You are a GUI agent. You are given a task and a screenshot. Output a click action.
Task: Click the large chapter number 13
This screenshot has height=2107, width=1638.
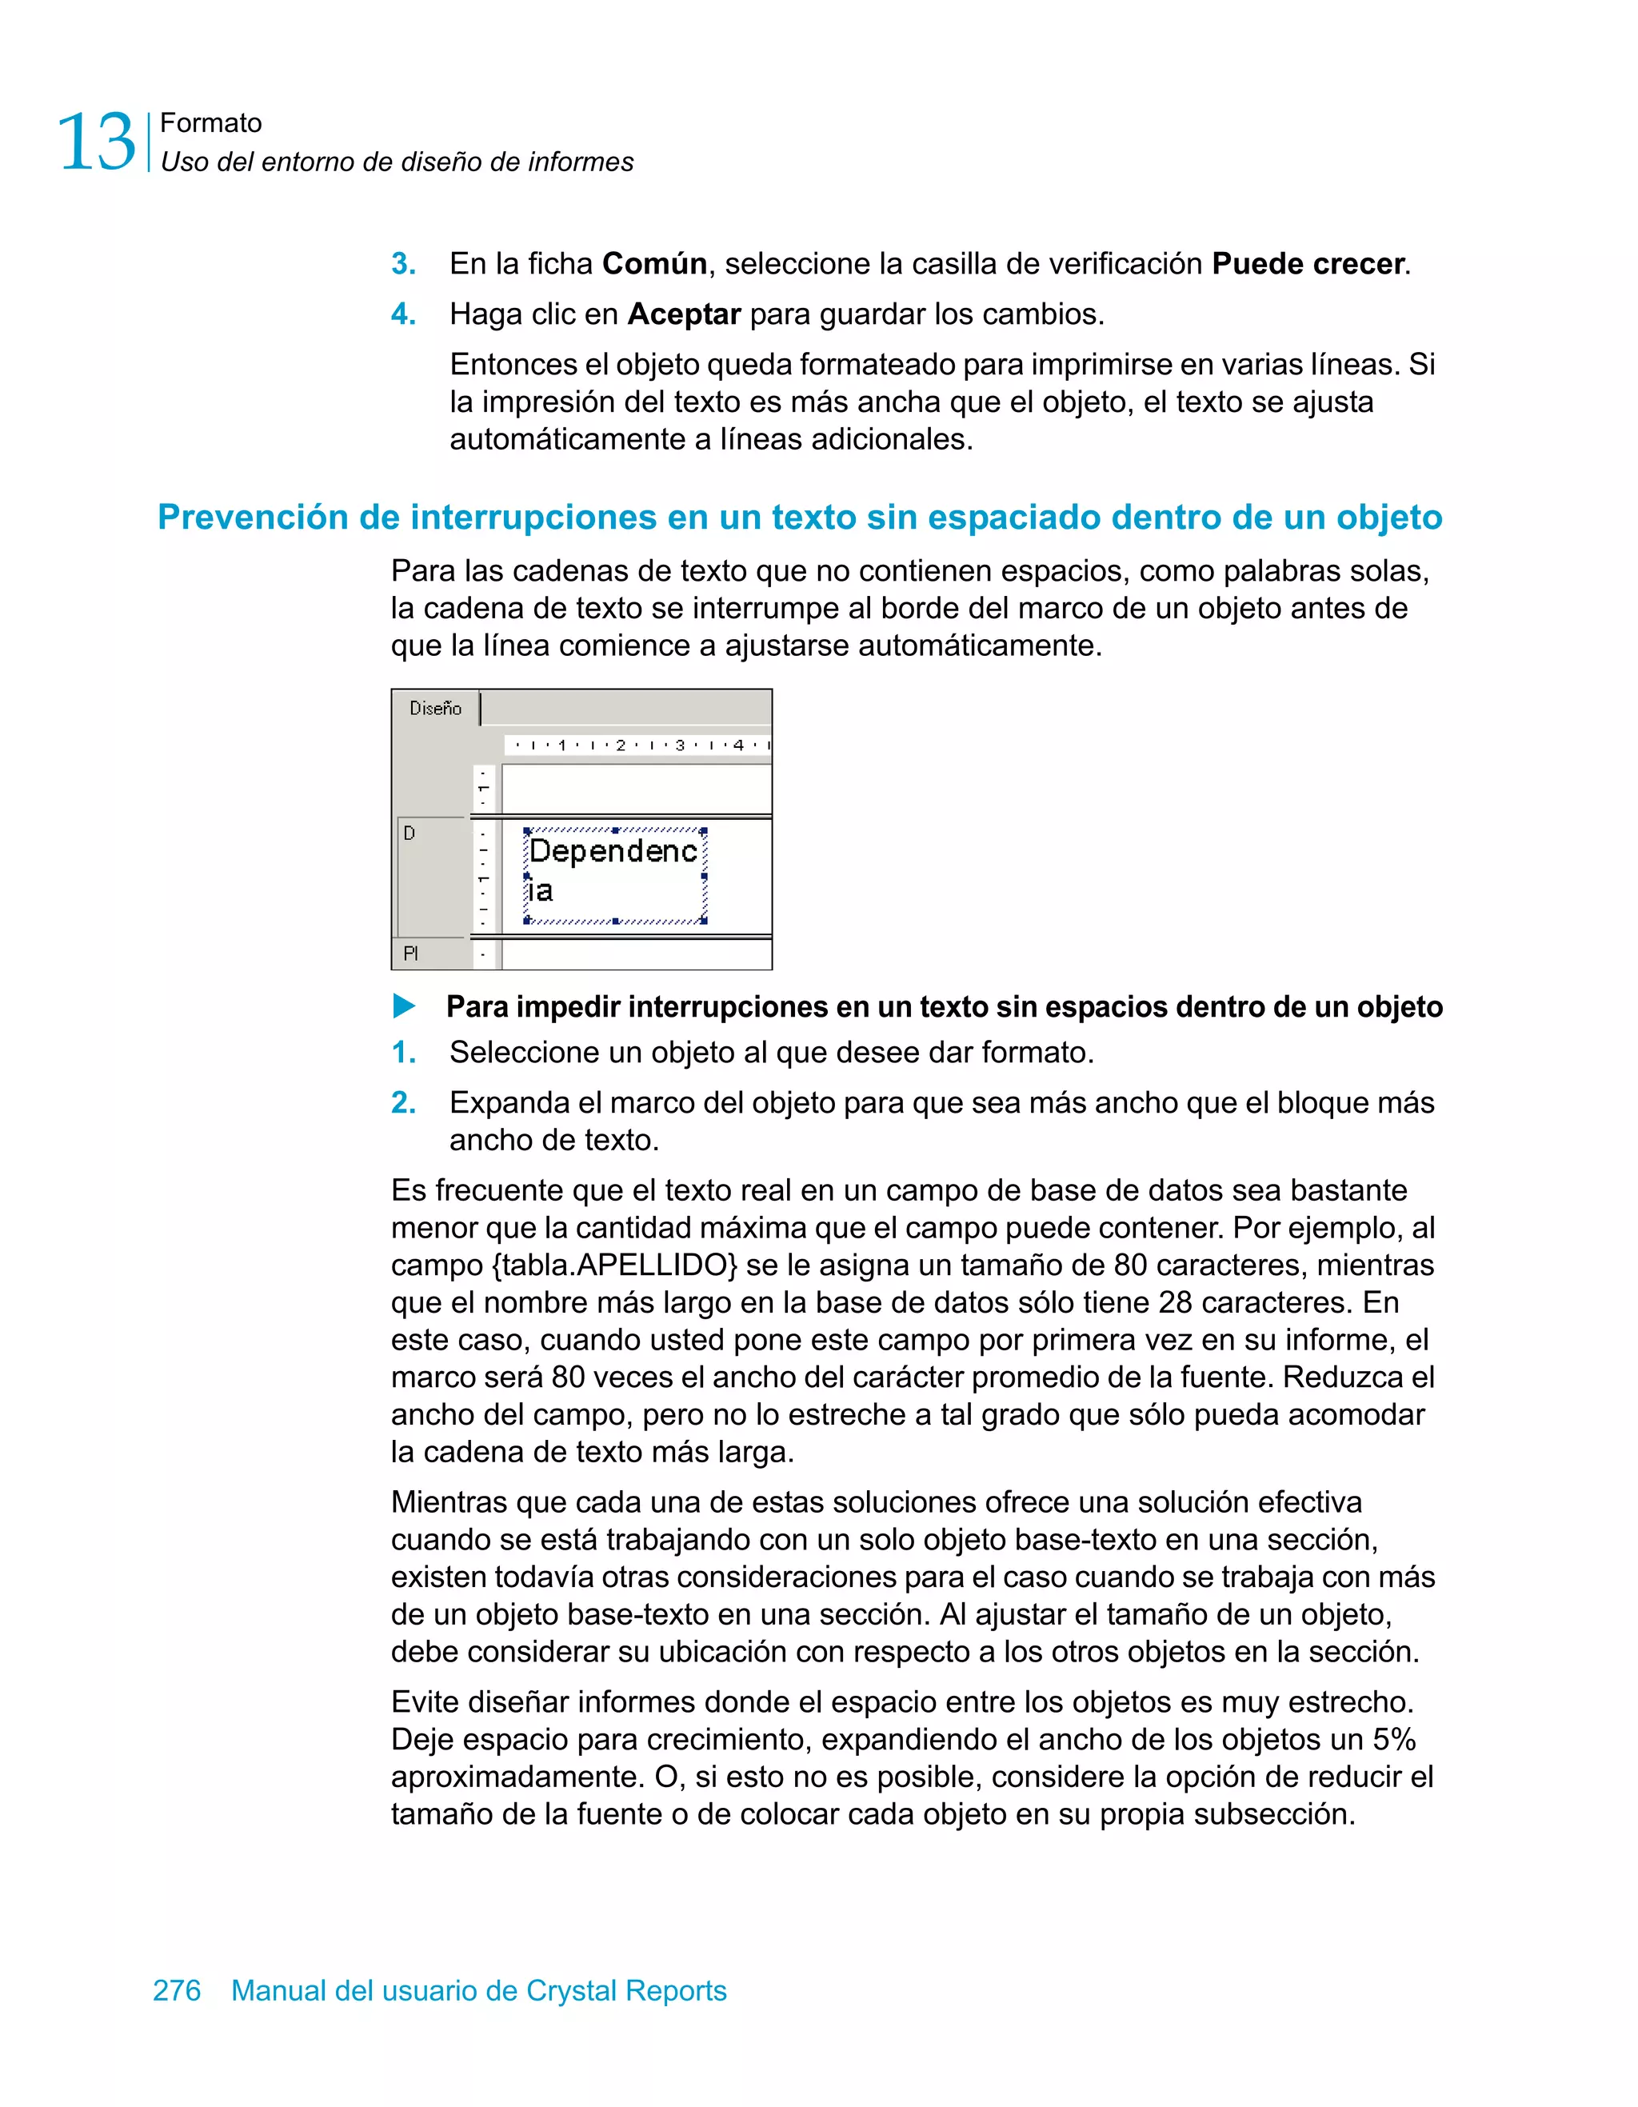tap(97, 142)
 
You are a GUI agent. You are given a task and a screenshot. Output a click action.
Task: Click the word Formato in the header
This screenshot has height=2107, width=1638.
tap(210, 122)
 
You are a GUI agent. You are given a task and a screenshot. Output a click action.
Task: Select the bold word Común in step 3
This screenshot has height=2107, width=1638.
tap(654, 263)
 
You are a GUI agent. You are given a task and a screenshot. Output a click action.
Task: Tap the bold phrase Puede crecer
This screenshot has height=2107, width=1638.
tap(1307, 263)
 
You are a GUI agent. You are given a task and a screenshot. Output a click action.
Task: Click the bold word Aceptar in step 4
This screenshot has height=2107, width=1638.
tap(683, 314)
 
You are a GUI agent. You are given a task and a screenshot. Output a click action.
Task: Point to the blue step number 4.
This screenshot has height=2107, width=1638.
tap(403, 314)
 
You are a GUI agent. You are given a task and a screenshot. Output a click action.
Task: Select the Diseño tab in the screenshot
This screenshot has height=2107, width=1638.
tap(435, 708)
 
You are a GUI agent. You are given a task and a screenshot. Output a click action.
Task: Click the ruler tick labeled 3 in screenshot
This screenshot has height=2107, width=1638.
tap(680, 745)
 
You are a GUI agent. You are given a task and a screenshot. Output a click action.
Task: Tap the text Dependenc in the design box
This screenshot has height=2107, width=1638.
tap(613, 851)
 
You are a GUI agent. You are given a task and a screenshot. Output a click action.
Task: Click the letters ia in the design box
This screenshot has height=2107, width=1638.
tap(540, 890)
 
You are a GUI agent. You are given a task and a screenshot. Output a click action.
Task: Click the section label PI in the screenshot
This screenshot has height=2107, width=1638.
tap(411, 954)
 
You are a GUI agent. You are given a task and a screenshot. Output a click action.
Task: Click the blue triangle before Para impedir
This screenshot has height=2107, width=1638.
tap(404, 1006)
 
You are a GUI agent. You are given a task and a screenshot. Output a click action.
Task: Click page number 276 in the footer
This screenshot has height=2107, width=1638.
tap(178, 1989)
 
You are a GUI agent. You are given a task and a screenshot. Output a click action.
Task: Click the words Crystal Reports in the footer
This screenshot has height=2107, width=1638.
tap(626, 1989)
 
